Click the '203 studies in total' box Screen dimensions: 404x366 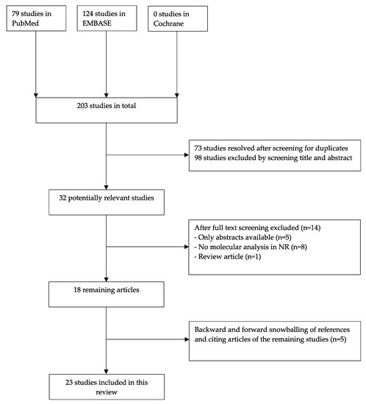tap(108, 111)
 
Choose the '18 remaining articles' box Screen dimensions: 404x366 tap(108, 300)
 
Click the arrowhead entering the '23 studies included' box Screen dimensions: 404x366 tap(108, 371)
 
